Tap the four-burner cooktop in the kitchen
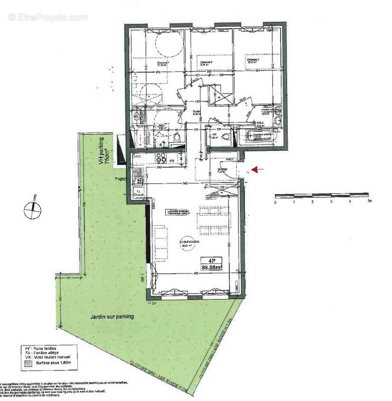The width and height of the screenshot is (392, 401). [x=161, y=158]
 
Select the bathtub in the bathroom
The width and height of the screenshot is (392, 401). [x=258, y=135]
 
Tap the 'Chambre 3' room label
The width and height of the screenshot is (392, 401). [x=252, y=61]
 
